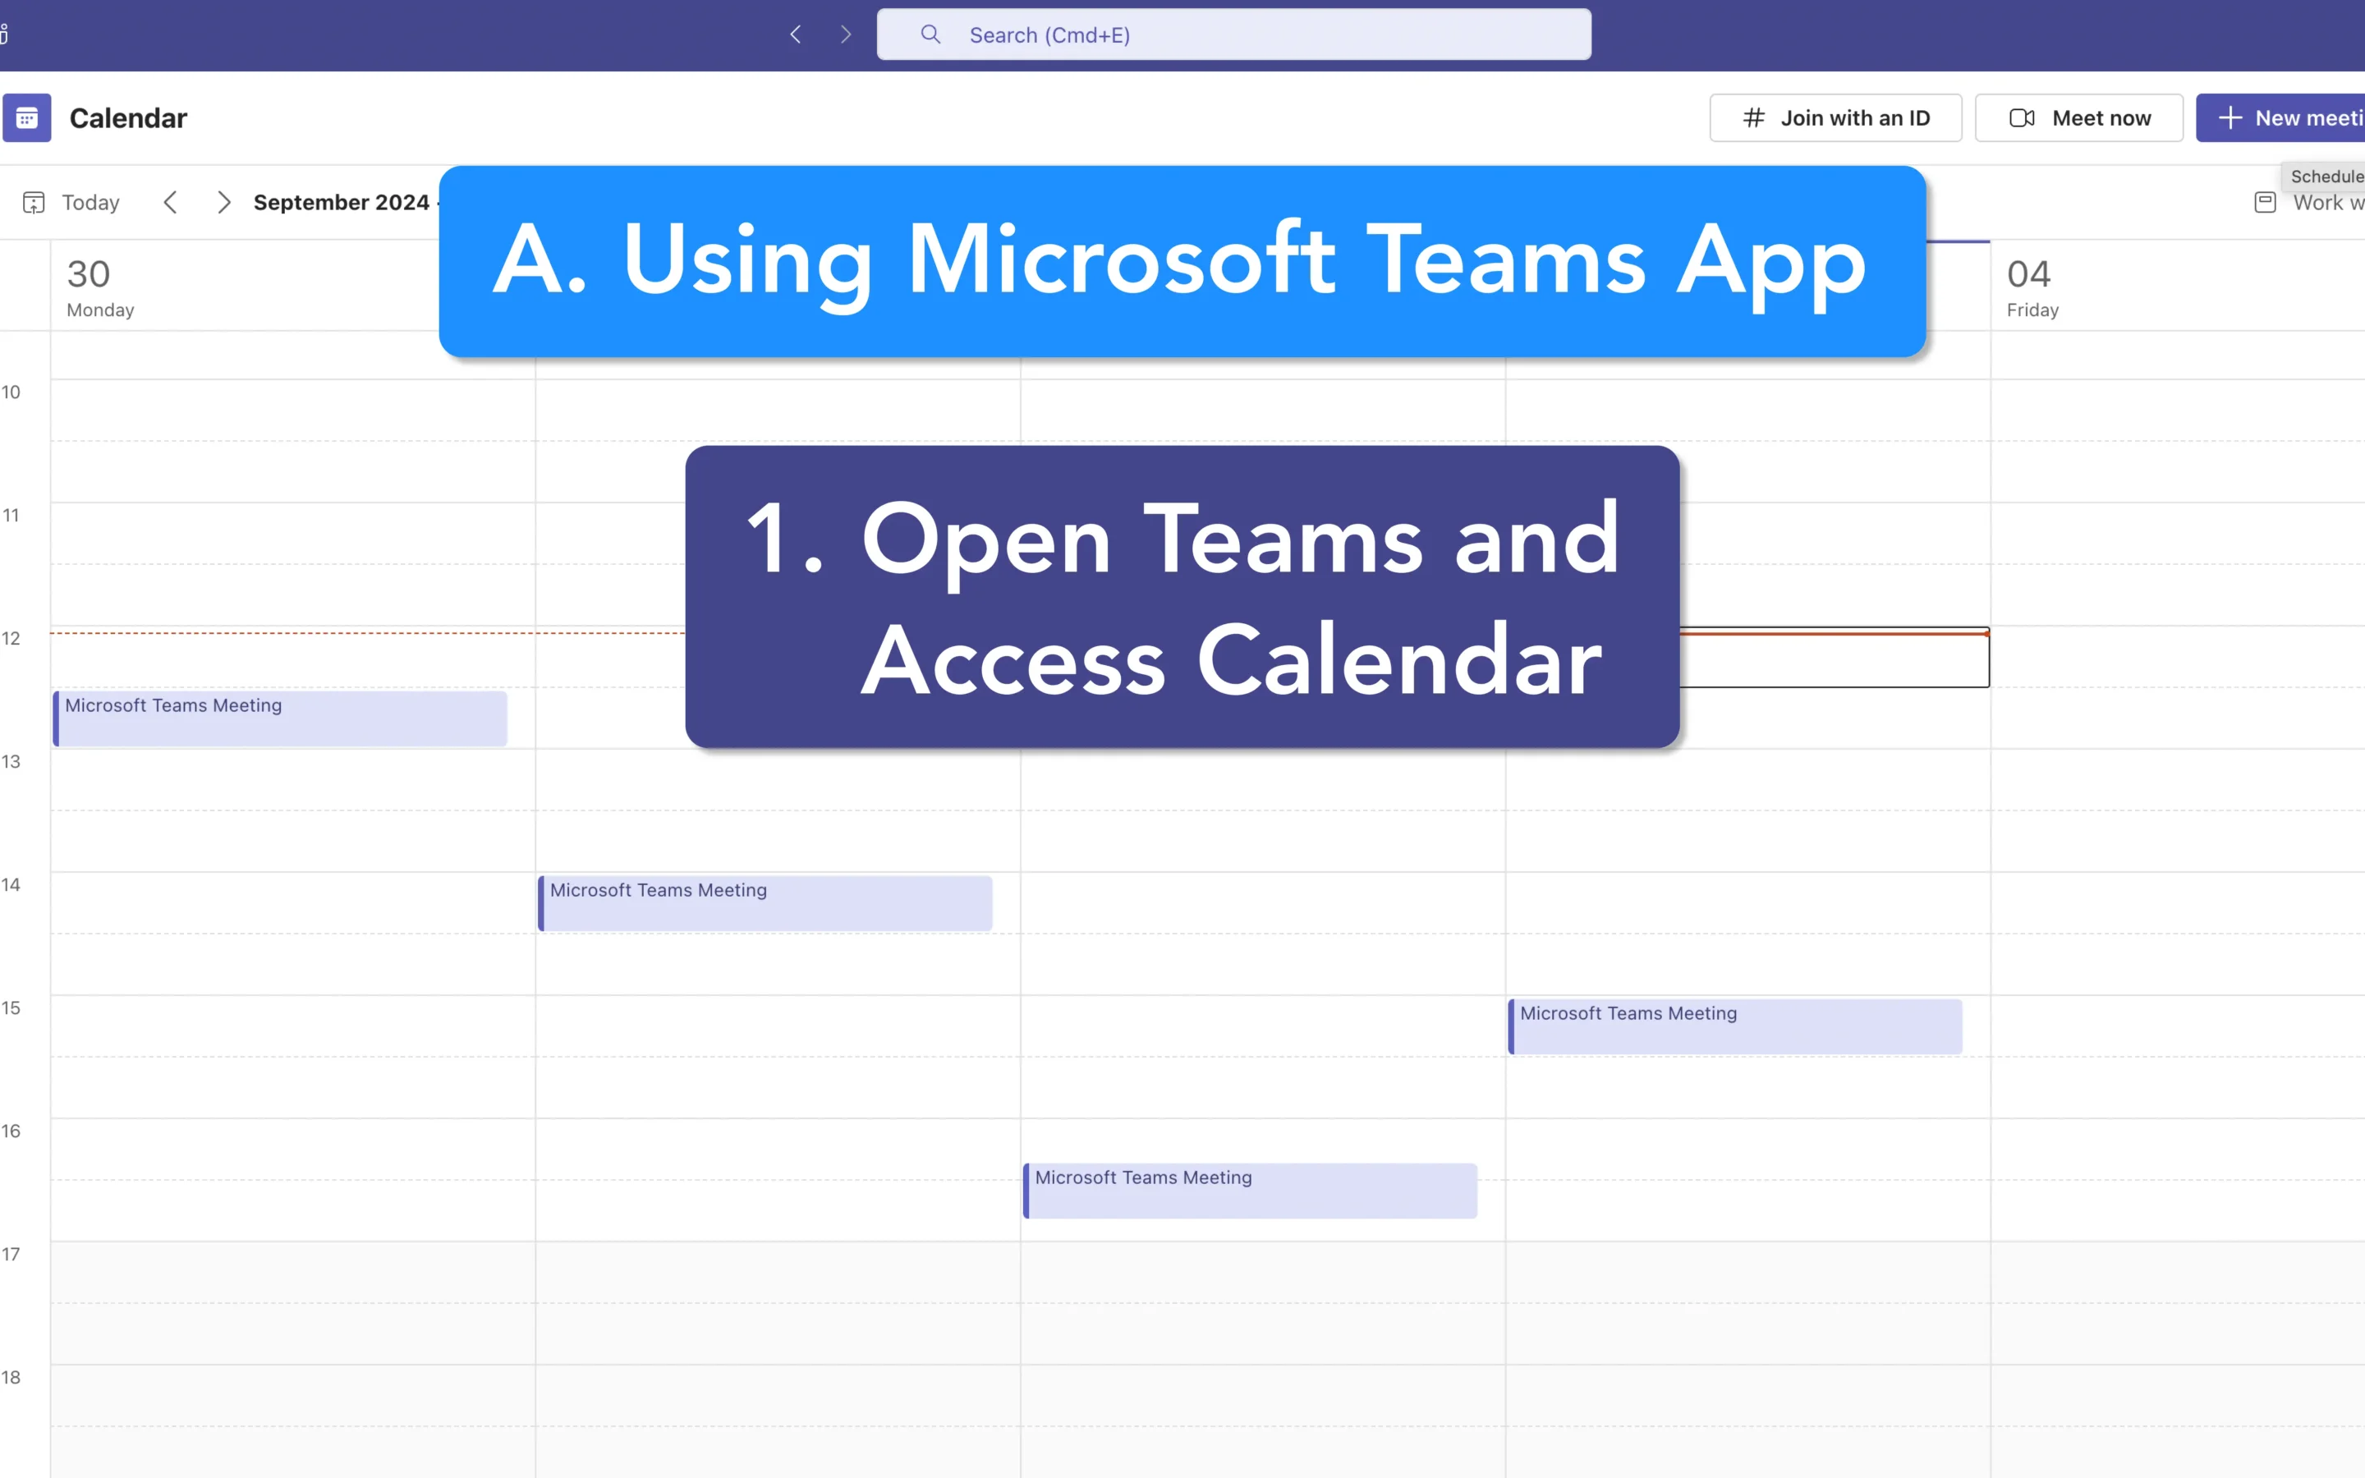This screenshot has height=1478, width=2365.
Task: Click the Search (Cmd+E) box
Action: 1233,35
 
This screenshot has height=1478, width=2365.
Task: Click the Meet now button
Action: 2078,118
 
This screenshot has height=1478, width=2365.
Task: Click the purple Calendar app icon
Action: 27,118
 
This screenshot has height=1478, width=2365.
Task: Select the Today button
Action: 72,202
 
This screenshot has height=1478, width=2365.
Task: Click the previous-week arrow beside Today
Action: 171,202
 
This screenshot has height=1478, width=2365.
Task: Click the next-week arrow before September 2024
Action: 224,202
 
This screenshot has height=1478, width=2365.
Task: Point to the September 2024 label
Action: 341,202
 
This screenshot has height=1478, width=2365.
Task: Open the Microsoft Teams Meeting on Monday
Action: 281,718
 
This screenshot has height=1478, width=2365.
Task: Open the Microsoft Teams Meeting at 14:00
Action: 765,903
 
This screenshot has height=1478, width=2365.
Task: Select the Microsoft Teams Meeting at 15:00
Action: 1736,1026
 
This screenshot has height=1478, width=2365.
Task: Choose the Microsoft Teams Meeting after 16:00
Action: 1251,1191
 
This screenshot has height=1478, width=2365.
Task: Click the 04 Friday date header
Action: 2032,287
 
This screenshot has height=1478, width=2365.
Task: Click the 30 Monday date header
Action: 99,287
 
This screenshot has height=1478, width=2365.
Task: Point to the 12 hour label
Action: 11,638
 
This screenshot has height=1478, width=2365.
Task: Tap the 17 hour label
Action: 11,1254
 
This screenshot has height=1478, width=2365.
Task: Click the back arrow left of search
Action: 796,35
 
